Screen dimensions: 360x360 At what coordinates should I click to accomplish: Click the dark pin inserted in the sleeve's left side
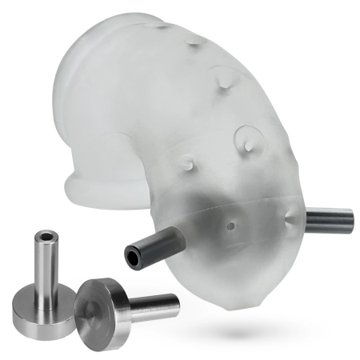click(x=152, y=245)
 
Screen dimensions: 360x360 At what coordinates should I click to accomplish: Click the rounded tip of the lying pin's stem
click(x=174, y=301)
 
